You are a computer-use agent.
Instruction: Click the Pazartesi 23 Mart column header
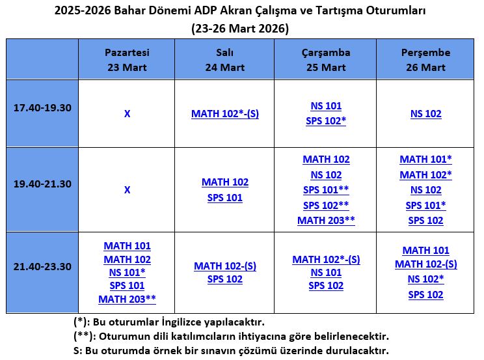[127, 59]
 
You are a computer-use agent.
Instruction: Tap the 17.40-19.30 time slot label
[42, 107]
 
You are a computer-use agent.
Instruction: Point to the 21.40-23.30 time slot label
[42, 266]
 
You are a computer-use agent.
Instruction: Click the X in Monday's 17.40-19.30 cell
[127, 114]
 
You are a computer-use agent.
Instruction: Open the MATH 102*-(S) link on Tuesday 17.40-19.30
[225, 114]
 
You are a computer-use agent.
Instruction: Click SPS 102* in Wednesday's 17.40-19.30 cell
[326, 120]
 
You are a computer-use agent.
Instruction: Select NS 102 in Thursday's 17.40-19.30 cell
[426, 114]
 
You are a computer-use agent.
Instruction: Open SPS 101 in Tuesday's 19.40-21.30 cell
[225, 197]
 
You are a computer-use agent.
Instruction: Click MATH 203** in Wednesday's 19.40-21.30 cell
[326, 220]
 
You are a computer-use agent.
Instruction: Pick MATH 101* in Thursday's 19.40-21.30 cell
[426, 159]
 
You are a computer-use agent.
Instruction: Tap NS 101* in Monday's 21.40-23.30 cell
[127, 272]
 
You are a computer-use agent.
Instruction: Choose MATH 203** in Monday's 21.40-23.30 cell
[127, 299]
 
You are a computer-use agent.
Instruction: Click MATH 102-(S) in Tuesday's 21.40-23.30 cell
[225, 266]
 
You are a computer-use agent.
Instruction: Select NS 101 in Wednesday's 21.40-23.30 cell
[326, 273]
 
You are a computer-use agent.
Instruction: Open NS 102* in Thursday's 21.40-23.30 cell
[426, 279]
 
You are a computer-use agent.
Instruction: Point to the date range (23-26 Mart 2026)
[241, 29]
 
